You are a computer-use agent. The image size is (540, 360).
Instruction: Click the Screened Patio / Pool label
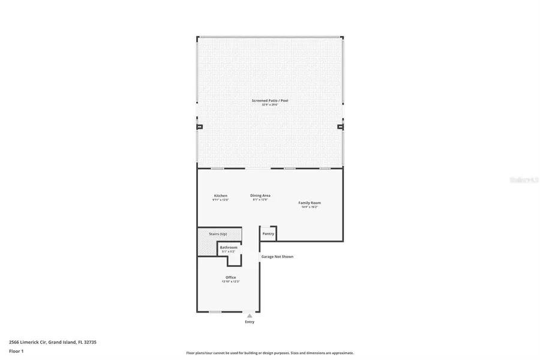tap(270, 100)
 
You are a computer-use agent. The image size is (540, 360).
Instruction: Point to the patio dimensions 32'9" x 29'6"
tap(270, 104)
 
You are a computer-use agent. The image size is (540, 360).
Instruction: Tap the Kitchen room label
tap(221, 196)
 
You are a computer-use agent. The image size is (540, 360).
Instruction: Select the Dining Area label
tap(260, 195)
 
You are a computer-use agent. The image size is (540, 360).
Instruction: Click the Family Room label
tap(310, 203)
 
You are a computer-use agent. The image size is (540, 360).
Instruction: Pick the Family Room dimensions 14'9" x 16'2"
tap(310, 207)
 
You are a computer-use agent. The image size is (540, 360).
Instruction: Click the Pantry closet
tap(268, 233)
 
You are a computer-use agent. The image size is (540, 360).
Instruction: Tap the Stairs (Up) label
tap(218, 233)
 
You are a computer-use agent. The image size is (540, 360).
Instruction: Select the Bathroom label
tap(229, 247)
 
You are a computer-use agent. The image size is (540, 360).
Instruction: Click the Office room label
tap(230, 277)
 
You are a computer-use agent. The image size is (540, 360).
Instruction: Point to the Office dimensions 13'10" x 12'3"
tap(230, 281)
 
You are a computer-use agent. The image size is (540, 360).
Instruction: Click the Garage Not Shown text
tap(277, 257)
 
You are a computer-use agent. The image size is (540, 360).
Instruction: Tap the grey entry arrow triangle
tap(250, 316)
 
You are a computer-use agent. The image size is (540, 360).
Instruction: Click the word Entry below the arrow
tap(250, 322)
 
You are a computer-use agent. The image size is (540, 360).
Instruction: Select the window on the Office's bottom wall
tap(215, 311)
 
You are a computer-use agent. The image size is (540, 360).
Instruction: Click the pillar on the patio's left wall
tap(199, 127)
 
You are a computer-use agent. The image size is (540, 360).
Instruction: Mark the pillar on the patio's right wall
tap(340, 127)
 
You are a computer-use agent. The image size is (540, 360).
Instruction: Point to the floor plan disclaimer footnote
tap(270, 353)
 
